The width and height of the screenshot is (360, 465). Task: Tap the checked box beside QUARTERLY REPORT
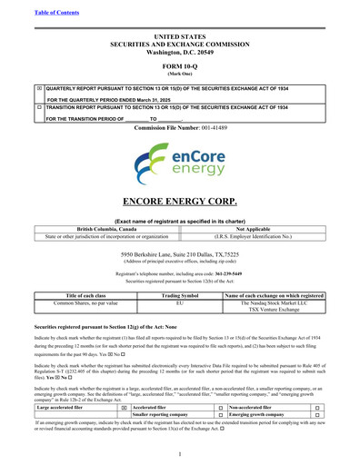pos(39,89)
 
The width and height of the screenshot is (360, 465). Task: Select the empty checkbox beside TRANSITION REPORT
pos(39,107)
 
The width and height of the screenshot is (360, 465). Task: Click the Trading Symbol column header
pos(179,294)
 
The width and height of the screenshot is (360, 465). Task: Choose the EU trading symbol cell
pos(179,302)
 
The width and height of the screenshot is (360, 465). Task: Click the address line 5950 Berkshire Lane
pos(180,256)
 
